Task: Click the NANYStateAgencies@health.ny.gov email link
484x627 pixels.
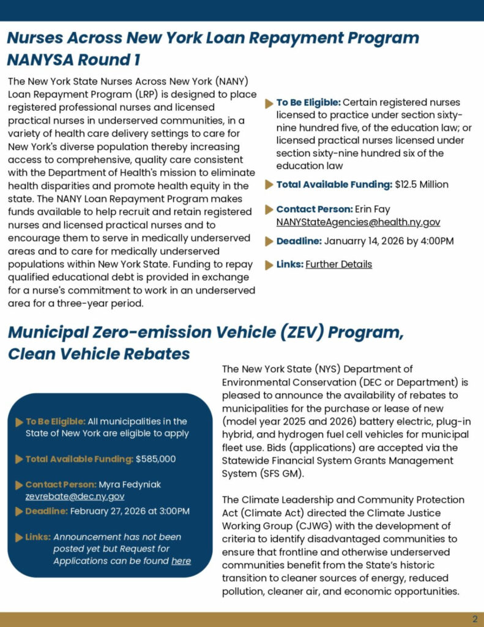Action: (x=358, y=222)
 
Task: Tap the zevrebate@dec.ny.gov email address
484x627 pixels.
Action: (x=75, y=497)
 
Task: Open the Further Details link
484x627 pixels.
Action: (x=338, y=265)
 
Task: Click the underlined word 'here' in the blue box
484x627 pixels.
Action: (x=181, y=561)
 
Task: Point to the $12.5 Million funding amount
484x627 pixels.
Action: (x=422, y=184)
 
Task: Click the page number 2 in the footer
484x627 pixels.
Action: (x=475, y=619)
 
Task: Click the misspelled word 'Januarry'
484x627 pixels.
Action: (x=346, y=241)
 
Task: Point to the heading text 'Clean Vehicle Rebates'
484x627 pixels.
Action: (x=99, y=354)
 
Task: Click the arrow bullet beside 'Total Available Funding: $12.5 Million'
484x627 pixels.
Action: (x=269, y=185)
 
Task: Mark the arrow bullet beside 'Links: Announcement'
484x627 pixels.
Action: (x=19, y=537)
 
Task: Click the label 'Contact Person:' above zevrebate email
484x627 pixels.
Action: (x=61, y=484)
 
